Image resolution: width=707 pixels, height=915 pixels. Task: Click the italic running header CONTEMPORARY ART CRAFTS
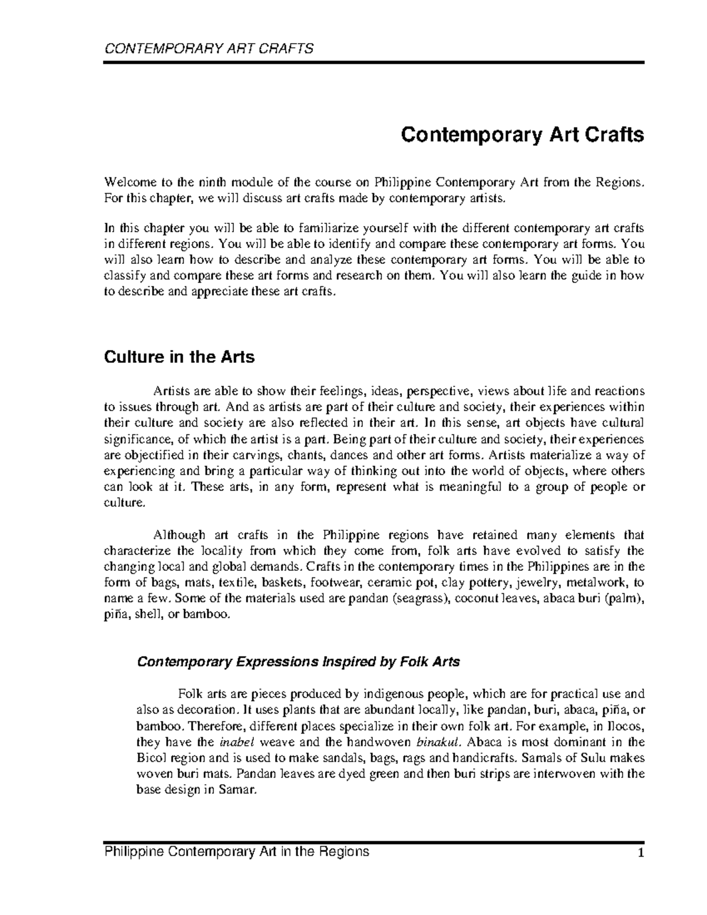tap(209, 48)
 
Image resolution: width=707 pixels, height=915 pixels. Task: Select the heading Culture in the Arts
tap(179, 357)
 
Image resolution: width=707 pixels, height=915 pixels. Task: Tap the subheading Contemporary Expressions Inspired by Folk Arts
tap(298, 662)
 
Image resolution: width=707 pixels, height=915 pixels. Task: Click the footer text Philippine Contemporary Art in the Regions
tap(236, 851)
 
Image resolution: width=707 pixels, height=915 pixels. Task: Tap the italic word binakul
tap(437, 742)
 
